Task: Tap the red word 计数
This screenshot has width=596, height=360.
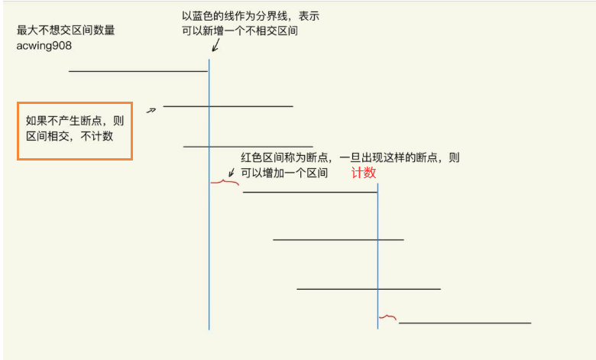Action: tap(364, 174)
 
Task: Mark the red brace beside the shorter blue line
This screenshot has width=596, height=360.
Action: tap(388, 317)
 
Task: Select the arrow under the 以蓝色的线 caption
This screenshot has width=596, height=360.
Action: tap(215, 46)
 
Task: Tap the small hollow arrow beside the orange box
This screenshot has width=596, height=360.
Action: tap(151, 110)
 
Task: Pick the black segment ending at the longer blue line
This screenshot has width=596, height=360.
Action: tap(138, 71)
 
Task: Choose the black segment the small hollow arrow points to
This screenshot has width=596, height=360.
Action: tap(228, 106)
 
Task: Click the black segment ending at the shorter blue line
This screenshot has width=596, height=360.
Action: tap(309, 192)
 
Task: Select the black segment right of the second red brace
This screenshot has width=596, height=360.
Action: tap(465, 323)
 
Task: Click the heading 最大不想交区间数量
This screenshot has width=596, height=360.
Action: tap(66, 31)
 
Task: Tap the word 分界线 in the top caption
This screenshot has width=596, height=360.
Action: tap(274, 15)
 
